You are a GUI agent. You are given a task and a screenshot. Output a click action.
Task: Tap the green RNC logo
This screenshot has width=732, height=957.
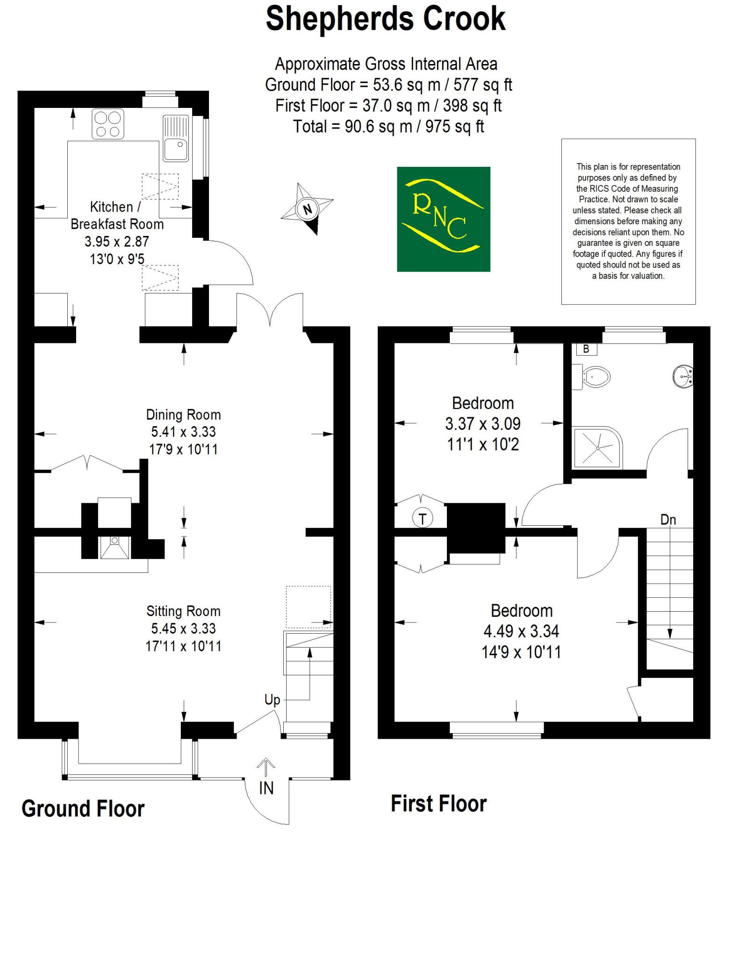[x=443, y=219]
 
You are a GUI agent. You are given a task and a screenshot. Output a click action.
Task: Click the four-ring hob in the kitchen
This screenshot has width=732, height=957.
[x=108, y=124]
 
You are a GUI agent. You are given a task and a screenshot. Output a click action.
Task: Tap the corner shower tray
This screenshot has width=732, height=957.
[x=596, y=447]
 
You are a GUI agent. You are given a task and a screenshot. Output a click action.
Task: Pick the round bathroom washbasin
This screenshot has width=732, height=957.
[x=683, y=375]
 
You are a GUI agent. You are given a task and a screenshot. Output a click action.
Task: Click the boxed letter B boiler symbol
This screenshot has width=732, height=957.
[x=586, y=349]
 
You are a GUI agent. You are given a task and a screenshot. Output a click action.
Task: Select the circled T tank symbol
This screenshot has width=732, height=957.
[x=423, y=518]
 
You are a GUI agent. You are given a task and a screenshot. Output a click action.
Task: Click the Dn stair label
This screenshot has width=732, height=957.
[x=668, y=520]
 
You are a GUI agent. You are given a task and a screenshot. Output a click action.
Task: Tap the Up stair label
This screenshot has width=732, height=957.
[x=272, y=700]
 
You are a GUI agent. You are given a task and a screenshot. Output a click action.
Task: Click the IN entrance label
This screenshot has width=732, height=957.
[x=266, y=788]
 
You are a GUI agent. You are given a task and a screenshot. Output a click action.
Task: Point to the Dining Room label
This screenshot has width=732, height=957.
[x=183, y=414]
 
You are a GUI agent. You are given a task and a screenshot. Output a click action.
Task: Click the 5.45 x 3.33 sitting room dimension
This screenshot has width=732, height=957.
[x=183, y=628]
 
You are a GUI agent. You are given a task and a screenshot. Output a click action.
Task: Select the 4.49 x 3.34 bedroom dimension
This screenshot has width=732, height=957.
[x=521, y=631]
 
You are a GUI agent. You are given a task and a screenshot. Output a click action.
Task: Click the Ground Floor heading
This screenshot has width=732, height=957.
[x=83, y=809]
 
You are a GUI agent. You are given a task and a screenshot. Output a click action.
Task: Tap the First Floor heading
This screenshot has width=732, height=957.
[x=438, y=804]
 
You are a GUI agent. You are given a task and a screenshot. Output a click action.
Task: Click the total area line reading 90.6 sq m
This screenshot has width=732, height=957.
[x=388, y=126]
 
